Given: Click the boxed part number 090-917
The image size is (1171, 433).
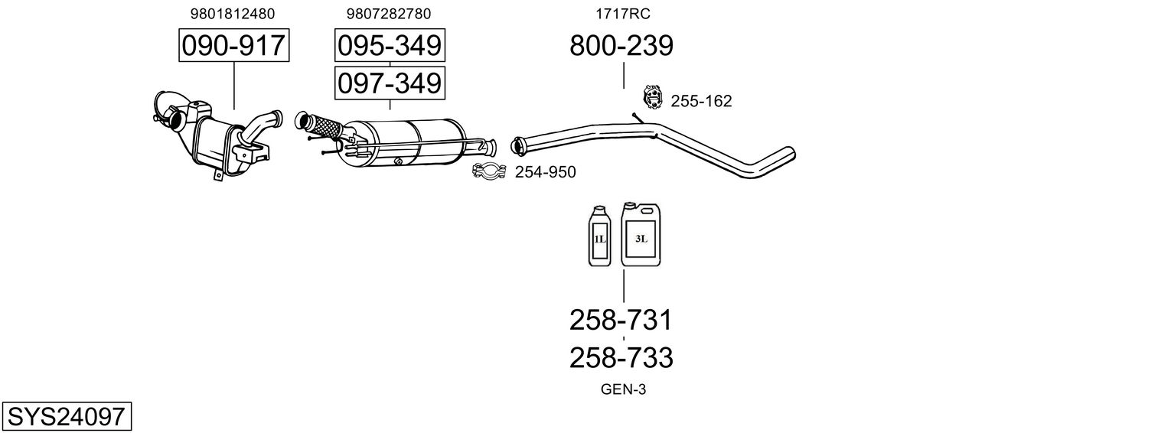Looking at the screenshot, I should tap(233, 46).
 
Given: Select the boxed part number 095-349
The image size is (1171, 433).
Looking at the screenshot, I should tap(390, 46).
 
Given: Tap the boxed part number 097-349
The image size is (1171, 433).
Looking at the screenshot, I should tap(390, 83).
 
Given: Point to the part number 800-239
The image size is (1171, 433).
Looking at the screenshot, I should tap(621, 46).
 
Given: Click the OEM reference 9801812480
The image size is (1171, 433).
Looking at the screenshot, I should tap(233, 14).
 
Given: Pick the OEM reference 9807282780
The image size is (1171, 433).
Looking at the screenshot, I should tap(389, 14).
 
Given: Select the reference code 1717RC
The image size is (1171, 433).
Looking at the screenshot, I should tap(623, 14).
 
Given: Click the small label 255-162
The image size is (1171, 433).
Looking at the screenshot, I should tap(701, 101).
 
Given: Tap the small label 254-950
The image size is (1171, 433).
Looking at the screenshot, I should tap(545, 172).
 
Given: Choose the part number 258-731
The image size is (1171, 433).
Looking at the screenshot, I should tap(621, 320).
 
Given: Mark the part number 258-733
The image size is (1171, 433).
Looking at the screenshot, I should tap(621, 357).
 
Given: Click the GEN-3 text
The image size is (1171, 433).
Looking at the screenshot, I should tap(623, 389).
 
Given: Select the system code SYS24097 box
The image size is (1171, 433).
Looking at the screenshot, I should tap(66, 416).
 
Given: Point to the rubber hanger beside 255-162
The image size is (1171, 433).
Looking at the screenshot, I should tap(652, 97).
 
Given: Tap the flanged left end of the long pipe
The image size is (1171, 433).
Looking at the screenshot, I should tap(517, 143).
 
